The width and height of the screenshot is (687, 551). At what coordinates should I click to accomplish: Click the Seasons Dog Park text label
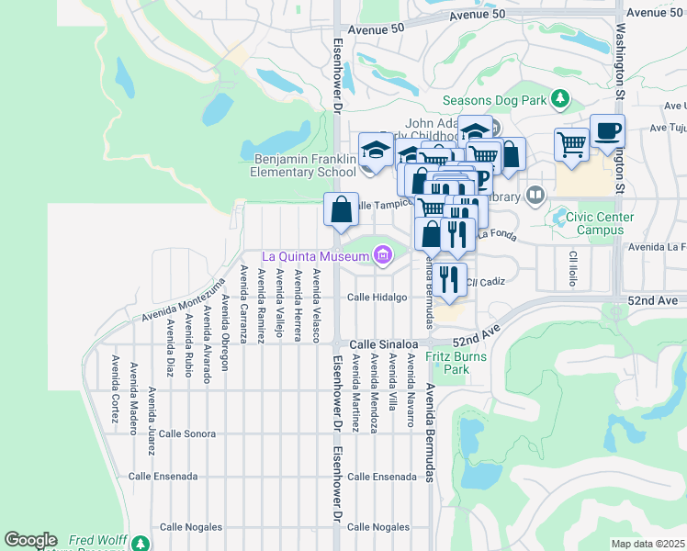pos(494,100)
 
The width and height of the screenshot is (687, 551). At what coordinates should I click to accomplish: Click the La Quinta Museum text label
pos(315,256)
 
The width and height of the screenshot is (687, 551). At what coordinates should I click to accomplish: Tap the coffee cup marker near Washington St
pos(607,132)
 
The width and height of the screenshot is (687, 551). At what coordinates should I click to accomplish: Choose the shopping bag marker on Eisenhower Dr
pos(341,210)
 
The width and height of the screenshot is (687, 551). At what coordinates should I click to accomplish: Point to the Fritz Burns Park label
pos(447,362)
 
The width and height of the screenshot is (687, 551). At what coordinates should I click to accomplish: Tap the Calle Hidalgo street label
pos(377,298)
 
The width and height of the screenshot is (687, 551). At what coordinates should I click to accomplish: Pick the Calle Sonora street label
pos(186,433)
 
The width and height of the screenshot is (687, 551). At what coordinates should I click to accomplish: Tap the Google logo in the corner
pos(30,540)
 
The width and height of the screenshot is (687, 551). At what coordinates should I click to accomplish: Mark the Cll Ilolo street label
pos(572,267)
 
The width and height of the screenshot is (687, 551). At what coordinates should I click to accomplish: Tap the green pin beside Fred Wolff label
pos(139,543)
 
